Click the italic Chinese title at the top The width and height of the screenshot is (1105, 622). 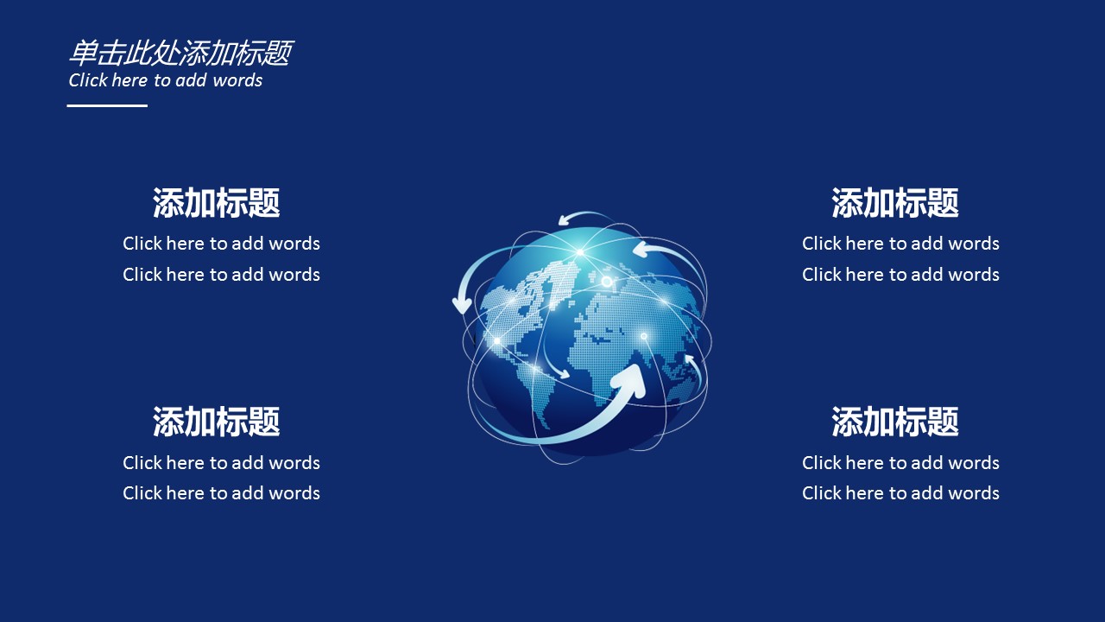(181, 53)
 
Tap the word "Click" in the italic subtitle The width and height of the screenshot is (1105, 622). (88, 80)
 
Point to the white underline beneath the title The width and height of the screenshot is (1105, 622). (107, 105)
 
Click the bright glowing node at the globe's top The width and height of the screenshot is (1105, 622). (580, 252)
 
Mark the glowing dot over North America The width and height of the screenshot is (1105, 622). (496, 340)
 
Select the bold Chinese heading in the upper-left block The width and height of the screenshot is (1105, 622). (216, 203)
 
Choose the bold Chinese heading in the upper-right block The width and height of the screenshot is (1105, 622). (895, 203)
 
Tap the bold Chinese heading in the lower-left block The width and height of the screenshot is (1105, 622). (216, 422)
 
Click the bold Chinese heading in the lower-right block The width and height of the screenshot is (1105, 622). (895, 422)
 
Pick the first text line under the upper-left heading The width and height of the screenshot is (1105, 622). (222, 244)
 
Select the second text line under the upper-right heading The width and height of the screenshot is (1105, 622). (900, 275)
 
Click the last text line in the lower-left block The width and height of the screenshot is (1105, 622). (222, 493)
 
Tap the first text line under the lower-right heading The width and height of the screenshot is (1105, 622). (900, 463)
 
